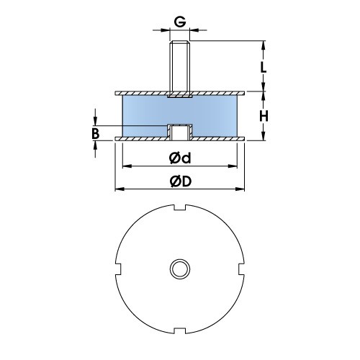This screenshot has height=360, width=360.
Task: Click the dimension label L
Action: coord(264,67)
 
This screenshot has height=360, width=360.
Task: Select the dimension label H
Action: coord(264,117)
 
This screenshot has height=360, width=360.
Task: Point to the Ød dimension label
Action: coord(179,157)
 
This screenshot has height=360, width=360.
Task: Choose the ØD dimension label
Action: coord(180,181)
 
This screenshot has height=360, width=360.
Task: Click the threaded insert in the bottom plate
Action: coord(179,132)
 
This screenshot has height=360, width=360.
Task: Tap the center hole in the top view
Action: coord(179,269)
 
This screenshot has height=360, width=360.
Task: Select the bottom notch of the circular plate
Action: coord(179,332)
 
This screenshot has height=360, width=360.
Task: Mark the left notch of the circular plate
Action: coord(118,269)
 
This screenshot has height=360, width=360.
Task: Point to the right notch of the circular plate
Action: coord(241,269)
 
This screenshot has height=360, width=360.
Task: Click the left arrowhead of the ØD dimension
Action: coord(118,189)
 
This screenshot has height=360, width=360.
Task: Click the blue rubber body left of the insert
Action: coord(144,115)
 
